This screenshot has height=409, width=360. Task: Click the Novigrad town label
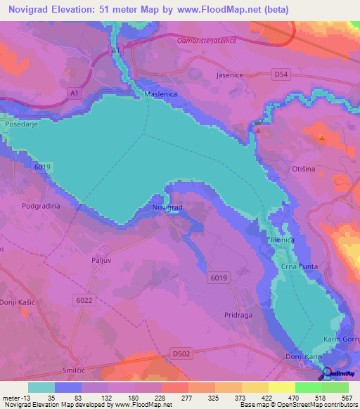pyautogui.click(x=167, y=208)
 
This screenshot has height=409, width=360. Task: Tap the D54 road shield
pyautogui.click(x=282, y=74)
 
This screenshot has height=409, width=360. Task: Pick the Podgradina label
pyautogui.click(x=41, y=207)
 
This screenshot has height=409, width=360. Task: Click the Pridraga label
pyautogui.click(x=238, y=316)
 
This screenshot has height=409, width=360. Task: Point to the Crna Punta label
pyautogui.click(x=301, y=266)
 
